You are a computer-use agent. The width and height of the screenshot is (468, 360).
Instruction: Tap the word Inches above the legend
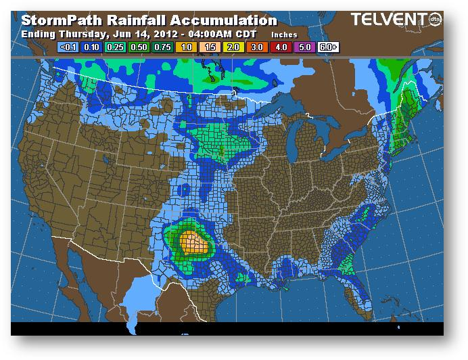tap(284, 34)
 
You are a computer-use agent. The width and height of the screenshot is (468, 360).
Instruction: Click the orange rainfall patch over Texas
tap(195, 241)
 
